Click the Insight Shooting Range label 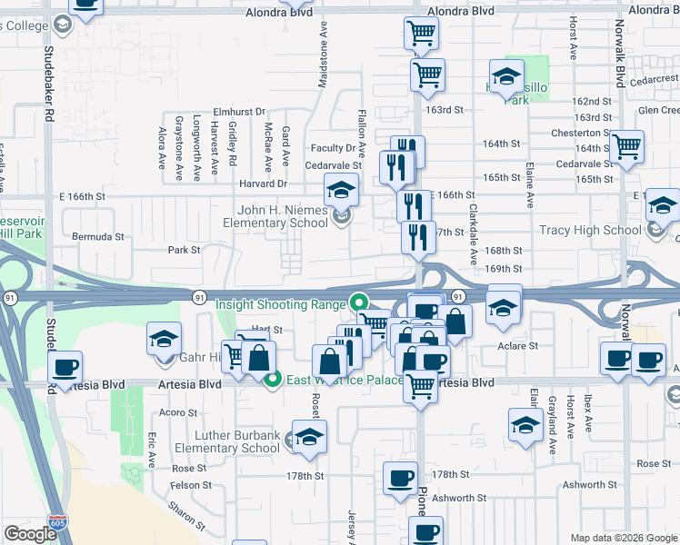click(280, 305)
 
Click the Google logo click(30, 534)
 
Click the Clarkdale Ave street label click(473, 233)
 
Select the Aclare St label click(519, 346)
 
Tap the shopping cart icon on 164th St click(626, 146)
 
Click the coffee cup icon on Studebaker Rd click(65, 368)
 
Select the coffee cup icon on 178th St click(399, 478)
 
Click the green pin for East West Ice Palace click(272, 381)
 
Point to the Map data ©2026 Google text click(624, 538)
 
